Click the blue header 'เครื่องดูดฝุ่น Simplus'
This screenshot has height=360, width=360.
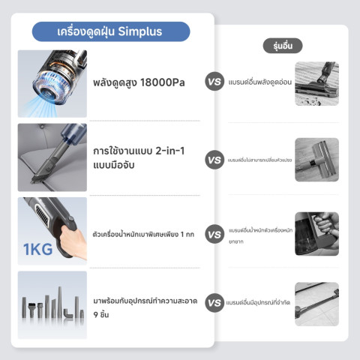109,31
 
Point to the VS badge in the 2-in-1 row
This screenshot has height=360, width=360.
214,159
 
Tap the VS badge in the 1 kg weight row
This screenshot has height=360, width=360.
214,234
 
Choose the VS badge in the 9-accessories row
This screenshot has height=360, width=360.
214,304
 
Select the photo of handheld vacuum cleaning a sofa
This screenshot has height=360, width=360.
52,157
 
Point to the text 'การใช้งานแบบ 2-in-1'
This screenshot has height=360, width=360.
139,151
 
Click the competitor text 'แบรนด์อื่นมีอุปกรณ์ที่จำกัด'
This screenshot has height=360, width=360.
260,304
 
